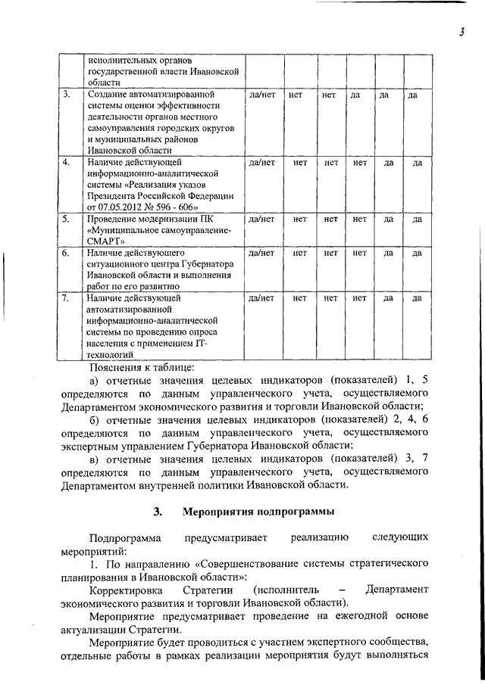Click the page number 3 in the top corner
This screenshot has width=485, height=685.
461,31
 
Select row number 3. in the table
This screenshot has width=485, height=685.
67,95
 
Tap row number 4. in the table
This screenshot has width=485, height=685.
67,162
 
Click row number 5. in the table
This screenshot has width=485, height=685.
67,220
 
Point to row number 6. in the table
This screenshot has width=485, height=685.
67,253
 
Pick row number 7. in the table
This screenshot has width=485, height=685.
67,297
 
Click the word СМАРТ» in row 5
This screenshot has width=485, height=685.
105,242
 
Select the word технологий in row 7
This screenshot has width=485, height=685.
111,353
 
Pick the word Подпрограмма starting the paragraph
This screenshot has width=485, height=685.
124,538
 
